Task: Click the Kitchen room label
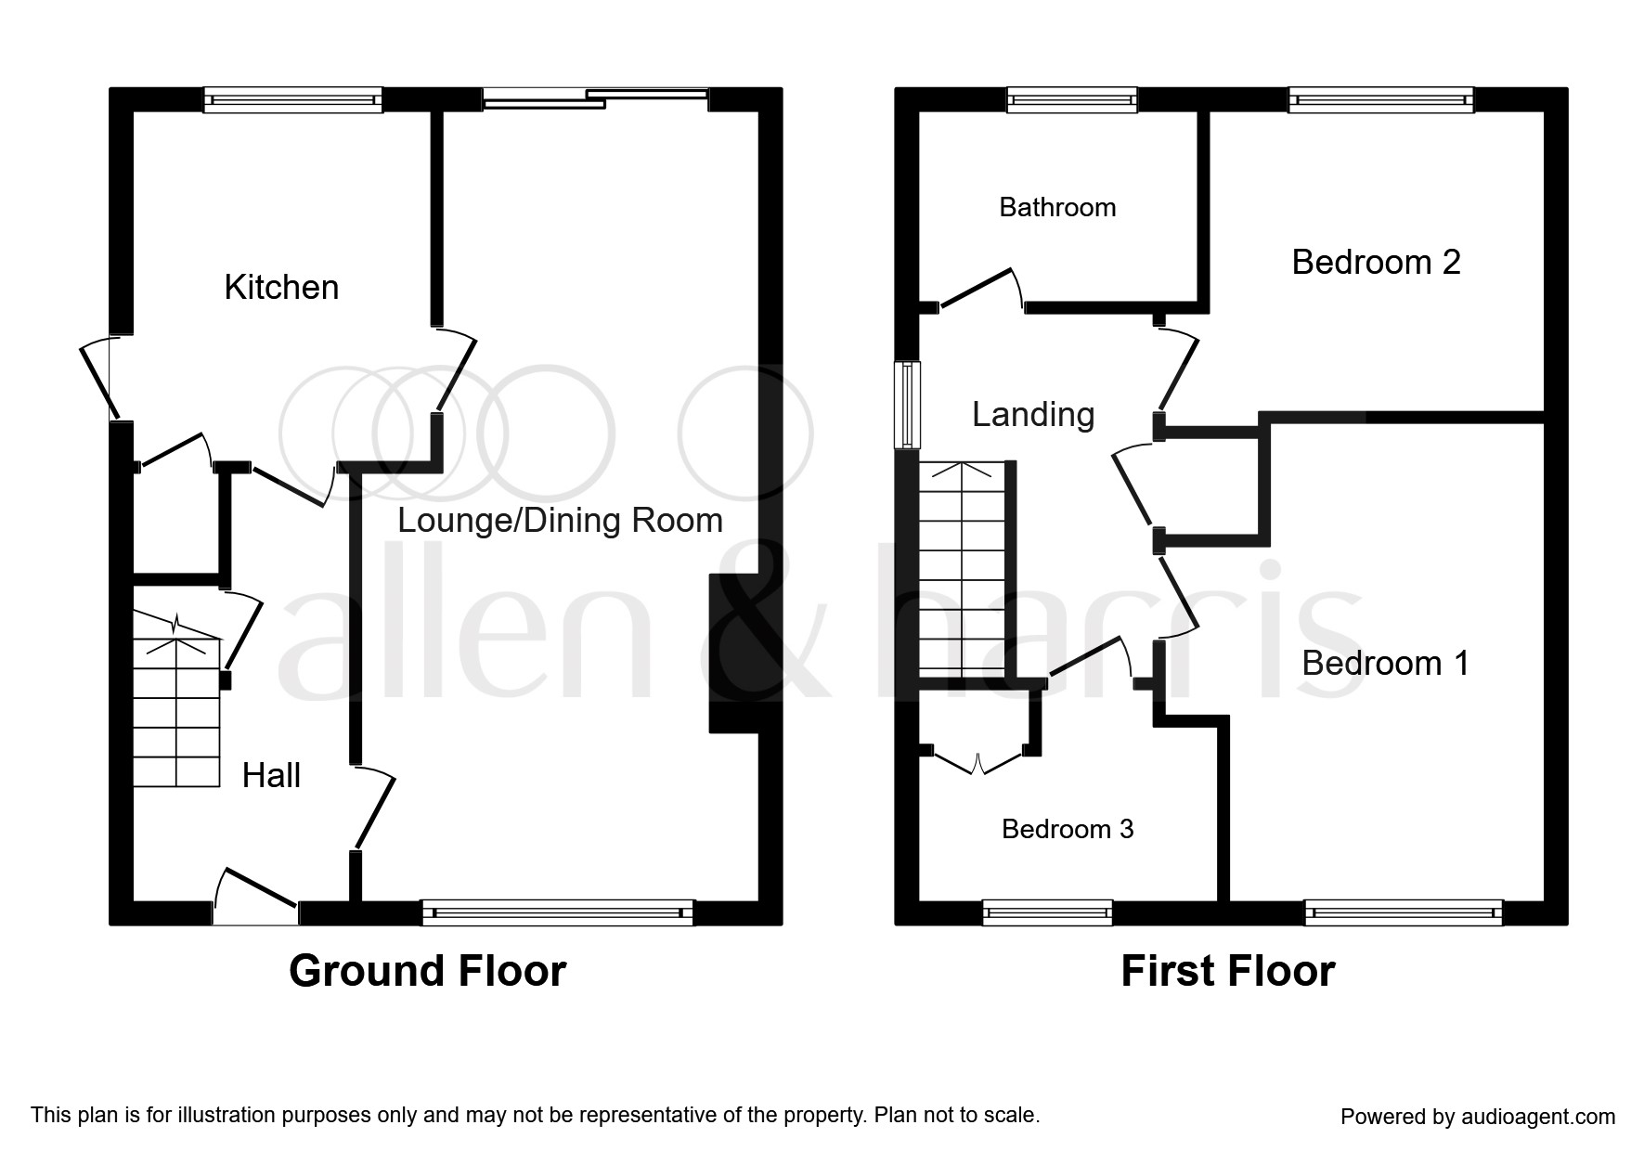point(281,288)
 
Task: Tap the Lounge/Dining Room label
point(560,521)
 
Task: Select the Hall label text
point(271,776)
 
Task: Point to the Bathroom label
point(1057,207)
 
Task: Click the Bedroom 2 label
point(1376,263)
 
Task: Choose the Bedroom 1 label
point(1385,664)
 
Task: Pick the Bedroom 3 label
point(1068,829)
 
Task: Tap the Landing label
point(1033,415)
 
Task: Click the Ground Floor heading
point(427,972)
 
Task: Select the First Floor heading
point(1227,972)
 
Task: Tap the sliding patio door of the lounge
point(595,97)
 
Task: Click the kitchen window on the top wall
point(292,99)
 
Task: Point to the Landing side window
point(907,405)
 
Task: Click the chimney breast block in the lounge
point(733,653)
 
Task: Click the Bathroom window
point(1072,99)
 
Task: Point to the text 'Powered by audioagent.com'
point(1478,1117)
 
